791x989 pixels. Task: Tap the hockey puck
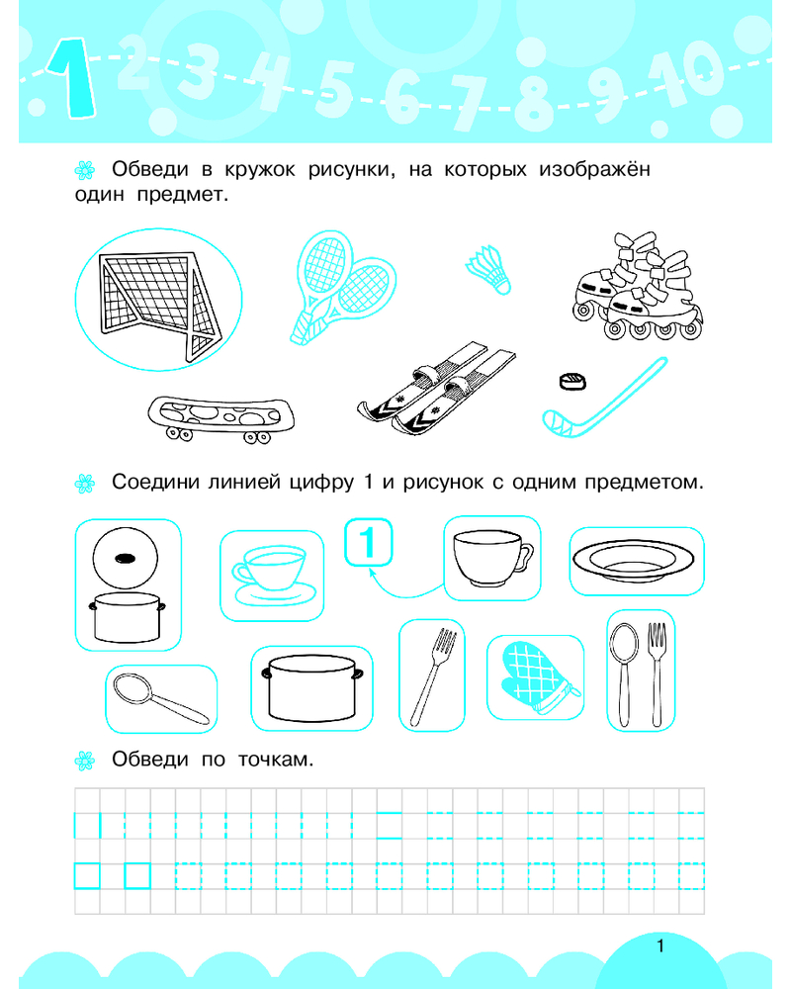tap(572, 381)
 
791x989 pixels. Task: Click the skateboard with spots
tap(220, 417)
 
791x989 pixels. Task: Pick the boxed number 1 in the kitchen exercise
tap(369, 542)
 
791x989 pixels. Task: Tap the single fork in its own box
tap(433, 674)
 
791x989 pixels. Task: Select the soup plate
tap(633, 560)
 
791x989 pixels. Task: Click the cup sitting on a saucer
tap(273, 575)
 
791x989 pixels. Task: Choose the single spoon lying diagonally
tap(160, 698)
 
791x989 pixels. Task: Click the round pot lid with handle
tap(125, 558)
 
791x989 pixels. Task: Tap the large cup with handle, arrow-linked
tap(492, 558)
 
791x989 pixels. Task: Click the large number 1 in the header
tap(70, 79)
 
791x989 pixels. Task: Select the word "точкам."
tap(276, 759)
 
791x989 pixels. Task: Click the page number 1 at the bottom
tap(660, 945)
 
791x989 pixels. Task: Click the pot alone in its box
tap(311, 688)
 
